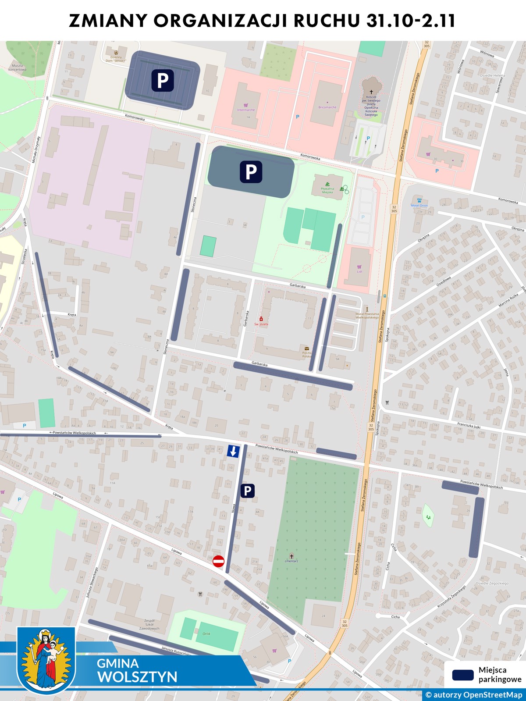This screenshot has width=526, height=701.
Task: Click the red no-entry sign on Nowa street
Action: [218, 561]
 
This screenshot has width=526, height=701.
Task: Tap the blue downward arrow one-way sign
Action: [233, 451]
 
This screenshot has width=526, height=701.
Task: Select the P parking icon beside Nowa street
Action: [247, 491]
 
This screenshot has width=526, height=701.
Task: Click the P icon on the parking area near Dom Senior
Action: [163, 81]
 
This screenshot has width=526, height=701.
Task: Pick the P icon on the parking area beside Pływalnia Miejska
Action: [251, 171]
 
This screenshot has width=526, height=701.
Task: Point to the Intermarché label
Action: [246, 110]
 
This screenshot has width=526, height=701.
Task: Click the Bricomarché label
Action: [327, 107]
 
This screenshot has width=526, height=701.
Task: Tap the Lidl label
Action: [359, 271]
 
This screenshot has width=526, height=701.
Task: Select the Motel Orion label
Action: [419, 205]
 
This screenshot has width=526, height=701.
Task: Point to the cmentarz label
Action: [291, 561]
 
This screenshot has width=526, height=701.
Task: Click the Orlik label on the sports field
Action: [206, 633]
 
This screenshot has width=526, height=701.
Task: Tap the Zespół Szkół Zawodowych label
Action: [149, 624]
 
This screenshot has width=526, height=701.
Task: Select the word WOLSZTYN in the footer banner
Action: [137, 677]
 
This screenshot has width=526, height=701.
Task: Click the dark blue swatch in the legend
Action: [462, 675]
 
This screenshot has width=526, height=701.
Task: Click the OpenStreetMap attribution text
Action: [474, 695]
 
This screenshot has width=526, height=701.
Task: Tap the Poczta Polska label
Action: [307, 354]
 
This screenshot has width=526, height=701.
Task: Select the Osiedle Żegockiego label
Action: [492, 584]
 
